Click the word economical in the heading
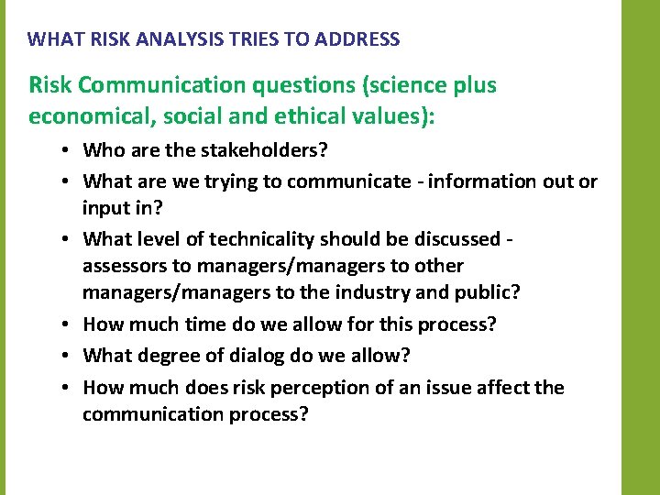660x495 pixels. [x=82, y=117]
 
